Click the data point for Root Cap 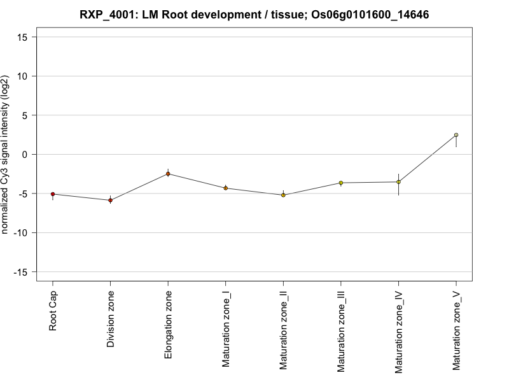click(53, 194)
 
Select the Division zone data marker click(110, 201)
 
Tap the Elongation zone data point click(168, 174)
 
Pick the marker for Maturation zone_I click(225, 188)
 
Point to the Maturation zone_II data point click(283, 195)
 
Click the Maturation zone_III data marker click(340, 183)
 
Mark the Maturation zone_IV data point click(398, 182)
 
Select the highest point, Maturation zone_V click(456, 135)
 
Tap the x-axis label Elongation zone click(168, 325)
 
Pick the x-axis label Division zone click(111, 319)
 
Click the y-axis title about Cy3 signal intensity click(6, 154)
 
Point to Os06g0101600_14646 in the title click(365, 14)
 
